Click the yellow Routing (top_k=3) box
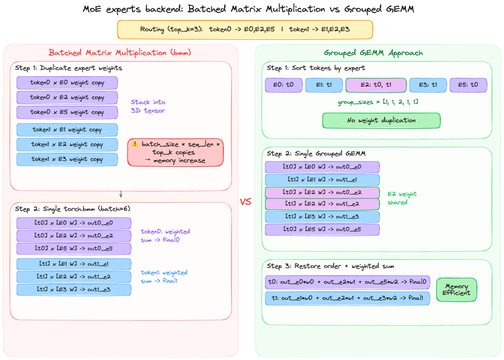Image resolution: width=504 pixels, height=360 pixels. pyautogui.click(x=245, y=30)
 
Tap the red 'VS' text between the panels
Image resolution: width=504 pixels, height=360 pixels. pyautogui.click(x=245, y=202)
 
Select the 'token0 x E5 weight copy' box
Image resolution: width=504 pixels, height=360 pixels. pyautogui.click(x=67, y=112)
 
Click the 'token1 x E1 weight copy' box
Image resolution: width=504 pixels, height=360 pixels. pyautogui.click(x=67, y=130)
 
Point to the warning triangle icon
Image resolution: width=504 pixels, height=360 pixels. pyautogui.click(x=135, y=144)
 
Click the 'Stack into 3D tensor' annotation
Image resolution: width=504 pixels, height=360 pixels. pyautogui.click(x=148, y=106)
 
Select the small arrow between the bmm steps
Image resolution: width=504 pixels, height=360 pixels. pyautogui.click(x=121, y=194)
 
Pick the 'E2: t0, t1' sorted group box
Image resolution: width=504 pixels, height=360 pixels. pyautogui.click(x=376, y=85)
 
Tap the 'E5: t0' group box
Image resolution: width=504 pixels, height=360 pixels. pyautogui.click(x=468, y=85)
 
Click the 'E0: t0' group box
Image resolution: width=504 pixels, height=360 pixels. pyautogui.click(x=283, y=85)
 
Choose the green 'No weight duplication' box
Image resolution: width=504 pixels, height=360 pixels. pyautogui.click(x=381, y=121)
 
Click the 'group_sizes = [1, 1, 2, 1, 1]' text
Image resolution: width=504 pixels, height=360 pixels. pyautogui.click(x=378, y=102)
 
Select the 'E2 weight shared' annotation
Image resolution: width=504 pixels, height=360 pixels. pyautogui.click(x=402, y=198)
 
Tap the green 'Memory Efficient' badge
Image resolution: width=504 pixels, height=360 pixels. pyautogui.click(x=456, y=289)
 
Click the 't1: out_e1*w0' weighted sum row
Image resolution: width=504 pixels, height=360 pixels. pyautogui.click(x=347, y=298)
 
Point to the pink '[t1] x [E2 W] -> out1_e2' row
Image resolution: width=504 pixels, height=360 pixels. pyautogui.click(x=322, y=204)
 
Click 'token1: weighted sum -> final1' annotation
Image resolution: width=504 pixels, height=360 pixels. pyautogui.click(x=164, y=277)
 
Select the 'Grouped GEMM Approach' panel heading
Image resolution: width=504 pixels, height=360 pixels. pyautogui.click(x=373, y=53)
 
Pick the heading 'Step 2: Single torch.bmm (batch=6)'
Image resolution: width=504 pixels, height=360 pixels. pyautogui.click(x=73, y=209)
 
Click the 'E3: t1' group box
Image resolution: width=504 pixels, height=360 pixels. pyautogui.click(x=428, y=85)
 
